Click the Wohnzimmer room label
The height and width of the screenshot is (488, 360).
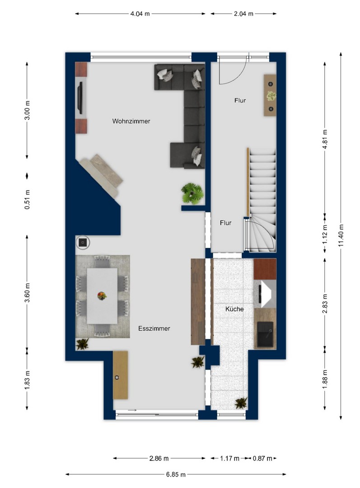tap(131, 121)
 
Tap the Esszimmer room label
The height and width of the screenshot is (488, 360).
tap(154, 328)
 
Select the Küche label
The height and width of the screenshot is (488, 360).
tap(234, 309)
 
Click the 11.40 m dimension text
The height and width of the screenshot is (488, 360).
tap(341, 235)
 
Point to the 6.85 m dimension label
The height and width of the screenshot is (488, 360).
tap(176, 474)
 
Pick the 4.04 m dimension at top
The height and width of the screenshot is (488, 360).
tap(140, 14)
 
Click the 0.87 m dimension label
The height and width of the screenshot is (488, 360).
tap(262, 458)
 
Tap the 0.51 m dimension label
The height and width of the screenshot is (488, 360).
tap(28, 199)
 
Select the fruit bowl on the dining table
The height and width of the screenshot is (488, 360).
tap(102, 296)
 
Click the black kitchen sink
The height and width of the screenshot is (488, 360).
tap(265, 334)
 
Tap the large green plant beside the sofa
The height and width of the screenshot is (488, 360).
tap(192, 193)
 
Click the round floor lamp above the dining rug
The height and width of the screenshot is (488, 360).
tap(83, 242)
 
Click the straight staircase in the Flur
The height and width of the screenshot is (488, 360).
tap(262, 183)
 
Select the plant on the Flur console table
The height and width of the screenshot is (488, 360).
tap(271, 96)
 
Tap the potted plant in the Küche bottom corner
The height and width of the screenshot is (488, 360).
tap(241, 403)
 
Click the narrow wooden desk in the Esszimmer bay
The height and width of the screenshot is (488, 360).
tap(121, 375)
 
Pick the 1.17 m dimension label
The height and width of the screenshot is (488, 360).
tap(229, 458)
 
